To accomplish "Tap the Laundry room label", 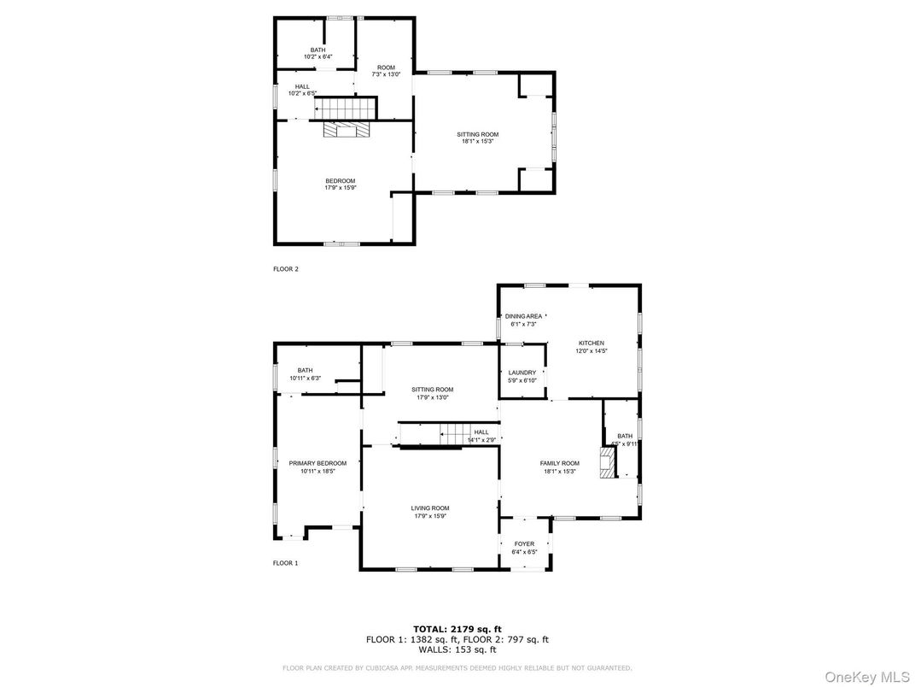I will [522, 373].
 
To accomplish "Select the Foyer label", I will [524, 544].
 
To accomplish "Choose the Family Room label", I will [559, 463].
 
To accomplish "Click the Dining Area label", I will [523, 316].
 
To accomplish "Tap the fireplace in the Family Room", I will [606, 462].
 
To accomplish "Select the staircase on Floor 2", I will [346, 109].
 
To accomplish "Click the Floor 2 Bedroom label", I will [340, 180].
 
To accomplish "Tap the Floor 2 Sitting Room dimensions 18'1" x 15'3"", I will [477, 142].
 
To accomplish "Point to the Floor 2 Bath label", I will [318, 50].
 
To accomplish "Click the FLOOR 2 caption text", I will [285, 269].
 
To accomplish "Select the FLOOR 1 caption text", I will [285, 563].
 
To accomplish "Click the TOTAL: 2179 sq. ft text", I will [457, 629].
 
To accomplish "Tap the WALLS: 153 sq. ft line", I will [457, 649].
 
